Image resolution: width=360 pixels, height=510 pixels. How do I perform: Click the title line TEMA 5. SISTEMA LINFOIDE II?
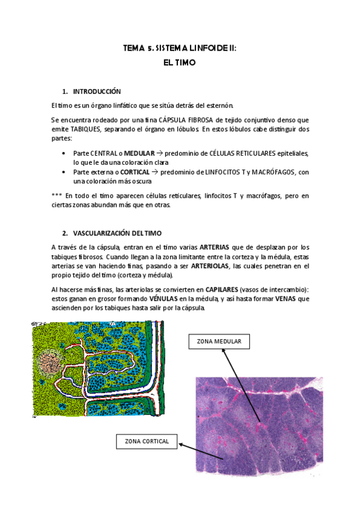[180, 49]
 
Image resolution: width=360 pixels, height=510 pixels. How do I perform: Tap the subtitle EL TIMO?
[180, 62]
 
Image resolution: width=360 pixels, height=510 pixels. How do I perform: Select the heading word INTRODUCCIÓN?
[97, 91]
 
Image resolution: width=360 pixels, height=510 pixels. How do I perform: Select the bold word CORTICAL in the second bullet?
[135, 172]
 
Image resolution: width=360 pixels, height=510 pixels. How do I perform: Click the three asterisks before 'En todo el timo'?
[56, 195]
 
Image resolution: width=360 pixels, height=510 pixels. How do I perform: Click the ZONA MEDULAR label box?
[219, 342]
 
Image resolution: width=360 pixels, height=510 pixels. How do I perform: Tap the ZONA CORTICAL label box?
[147, 442]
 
